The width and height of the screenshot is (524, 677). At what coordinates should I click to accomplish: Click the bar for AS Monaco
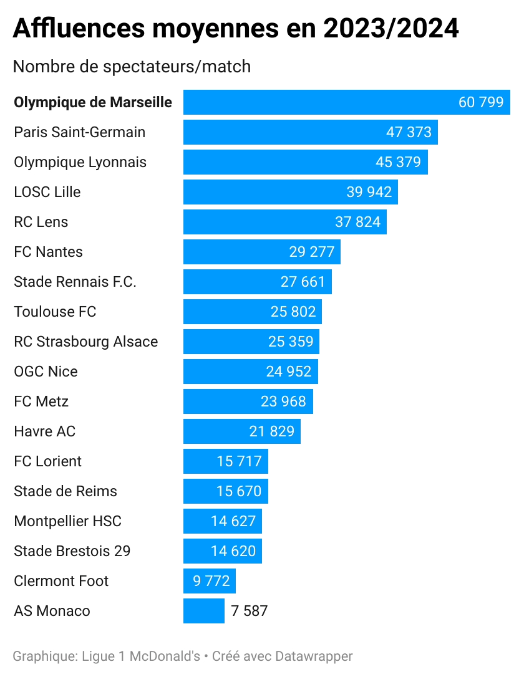point(203,611)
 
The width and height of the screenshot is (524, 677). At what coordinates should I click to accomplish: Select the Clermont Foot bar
point(209,581)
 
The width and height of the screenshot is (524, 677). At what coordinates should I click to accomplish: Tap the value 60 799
point(480,102)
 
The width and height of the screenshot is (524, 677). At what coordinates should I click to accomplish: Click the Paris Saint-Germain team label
point(79,132)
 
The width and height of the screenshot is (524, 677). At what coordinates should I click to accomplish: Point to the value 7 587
point(249,611)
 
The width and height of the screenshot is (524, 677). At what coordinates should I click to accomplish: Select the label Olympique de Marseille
point(93,102)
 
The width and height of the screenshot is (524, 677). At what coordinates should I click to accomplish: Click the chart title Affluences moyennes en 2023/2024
point(236,29)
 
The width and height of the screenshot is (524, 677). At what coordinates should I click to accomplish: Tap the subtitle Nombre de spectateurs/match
point(132,66)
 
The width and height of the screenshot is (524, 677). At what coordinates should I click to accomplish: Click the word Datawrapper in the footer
point(314,656)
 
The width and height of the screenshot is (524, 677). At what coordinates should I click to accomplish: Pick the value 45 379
point(398,162)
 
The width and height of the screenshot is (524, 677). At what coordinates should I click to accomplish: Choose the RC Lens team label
point(41,222)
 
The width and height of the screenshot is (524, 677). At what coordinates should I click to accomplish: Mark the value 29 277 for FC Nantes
point(312,252)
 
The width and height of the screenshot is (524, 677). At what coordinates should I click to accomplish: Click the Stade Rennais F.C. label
point(75,282)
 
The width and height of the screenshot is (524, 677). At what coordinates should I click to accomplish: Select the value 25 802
point(293,312)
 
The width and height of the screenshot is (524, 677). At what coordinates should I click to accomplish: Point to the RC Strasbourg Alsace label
point(86,342)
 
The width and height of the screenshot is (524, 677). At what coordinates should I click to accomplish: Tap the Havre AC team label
point(45,431)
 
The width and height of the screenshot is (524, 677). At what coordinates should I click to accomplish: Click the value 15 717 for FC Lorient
point(240,461)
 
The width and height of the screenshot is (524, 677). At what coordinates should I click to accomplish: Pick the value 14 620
point(233,551)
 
